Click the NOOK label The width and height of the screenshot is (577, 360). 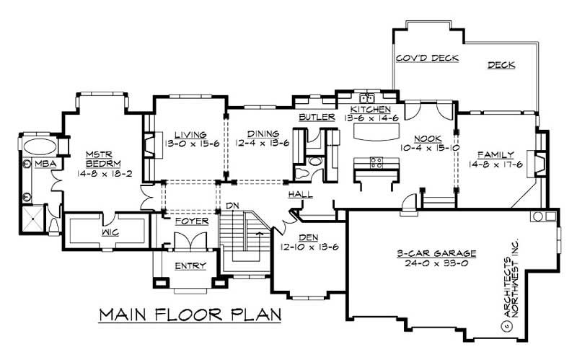coord(427,139)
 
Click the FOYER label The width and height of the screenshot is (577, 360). coord(192,221)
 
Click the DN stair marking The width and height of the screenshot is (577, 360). coord(232,207)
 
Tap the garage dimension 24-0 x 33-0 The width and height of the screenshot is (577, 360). coord(446,264)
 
